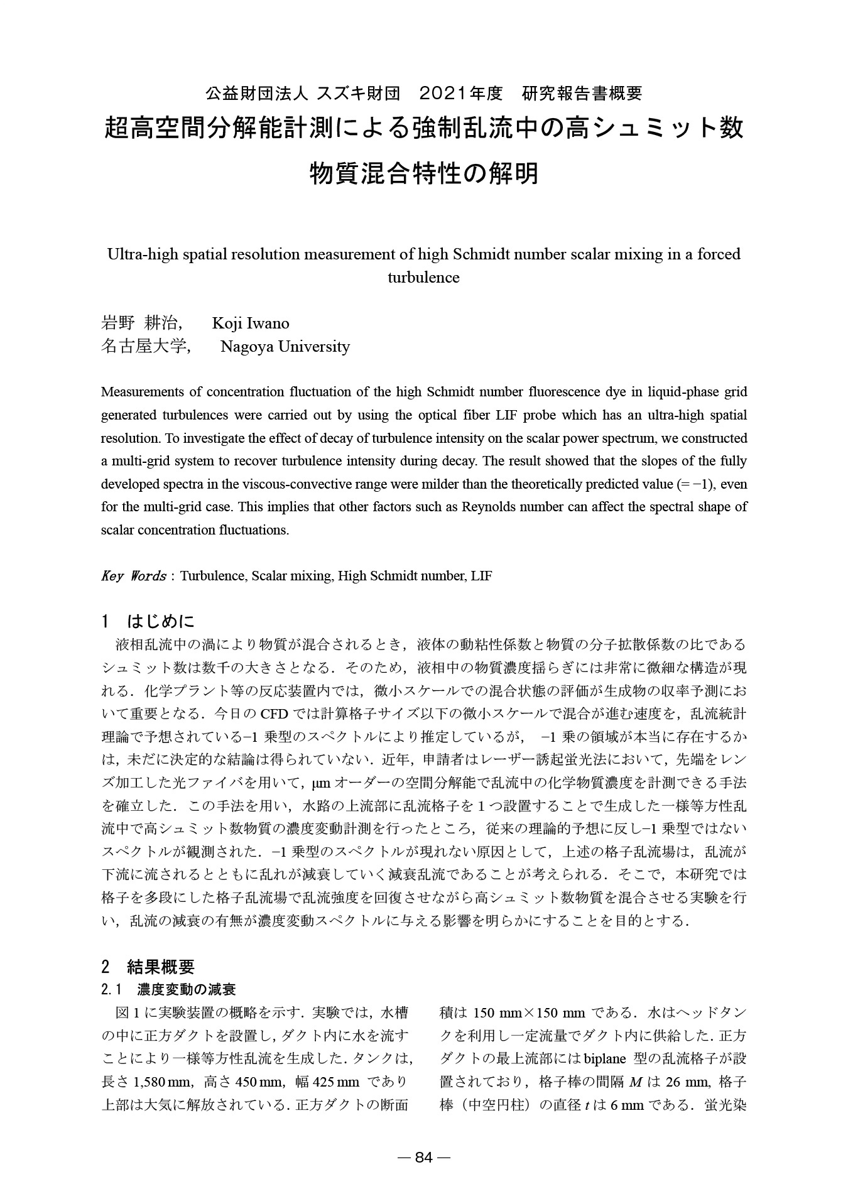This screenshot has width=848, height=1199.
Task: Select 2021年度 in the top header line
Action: [461, 94]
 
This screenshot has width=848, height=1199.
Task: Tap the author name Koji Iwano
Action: [251, 323]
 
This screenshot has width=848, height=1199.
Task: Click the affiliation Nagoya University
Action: [285, 346]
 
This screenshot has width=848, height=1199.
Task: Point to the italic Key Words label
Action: [133, 576]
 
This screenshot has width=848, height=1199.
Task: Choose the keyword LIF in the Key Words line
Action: [481, 576]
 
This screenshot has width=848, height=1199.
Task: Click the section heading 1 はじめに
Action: [148, 622]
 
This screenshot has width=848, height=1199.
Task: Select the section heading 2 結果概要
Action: [148, 966]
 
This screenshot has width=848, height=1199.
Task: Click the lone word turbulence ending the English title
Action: [423, 277]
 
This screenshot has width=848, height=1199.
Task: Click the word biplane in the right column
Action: [605, 1058]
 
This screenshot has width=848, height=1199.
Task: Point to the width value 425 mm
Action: [340, 1082]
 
